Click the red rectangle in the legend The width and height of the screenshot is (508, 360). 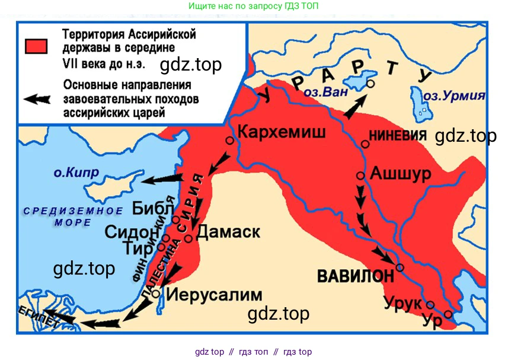36,46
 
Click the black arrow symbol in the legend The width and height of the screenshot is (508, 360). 37,99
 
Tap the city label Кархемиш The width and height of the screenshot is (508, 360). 281,132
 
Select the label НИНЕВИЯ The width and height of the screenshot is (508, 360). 398,136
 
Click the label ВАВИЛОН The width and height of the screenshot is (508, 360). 355,276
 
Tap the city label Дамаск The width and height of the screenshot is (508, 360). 228,231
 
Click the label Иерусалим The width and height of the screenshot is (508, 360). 214,294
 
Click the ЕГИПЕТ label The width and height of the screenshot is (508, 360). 35,317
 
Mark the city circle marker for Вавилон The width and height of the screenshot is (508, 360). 400,267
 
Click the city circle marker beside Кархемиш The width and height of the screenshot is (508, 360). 229,141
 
